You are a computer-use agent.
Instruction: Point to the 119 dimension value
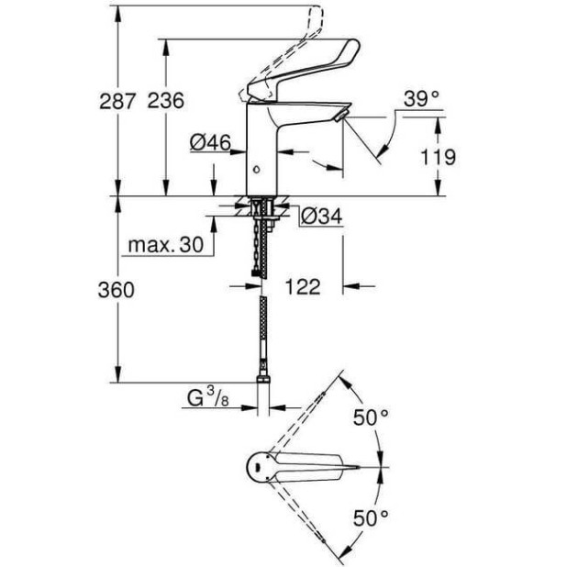(x=439, y=158)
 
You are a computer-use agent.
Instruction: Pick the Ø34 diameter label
(x=320, y=216)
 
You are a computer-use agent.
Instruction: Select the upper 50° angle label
(x=372, y=417)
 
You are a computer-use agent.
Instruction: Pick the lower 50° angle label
(x=372, y=518)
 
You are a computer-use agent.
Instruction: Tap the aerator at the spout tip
(x=340, y=115)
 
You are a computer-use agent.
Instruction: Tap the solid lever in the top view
(x=317, y=467)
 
